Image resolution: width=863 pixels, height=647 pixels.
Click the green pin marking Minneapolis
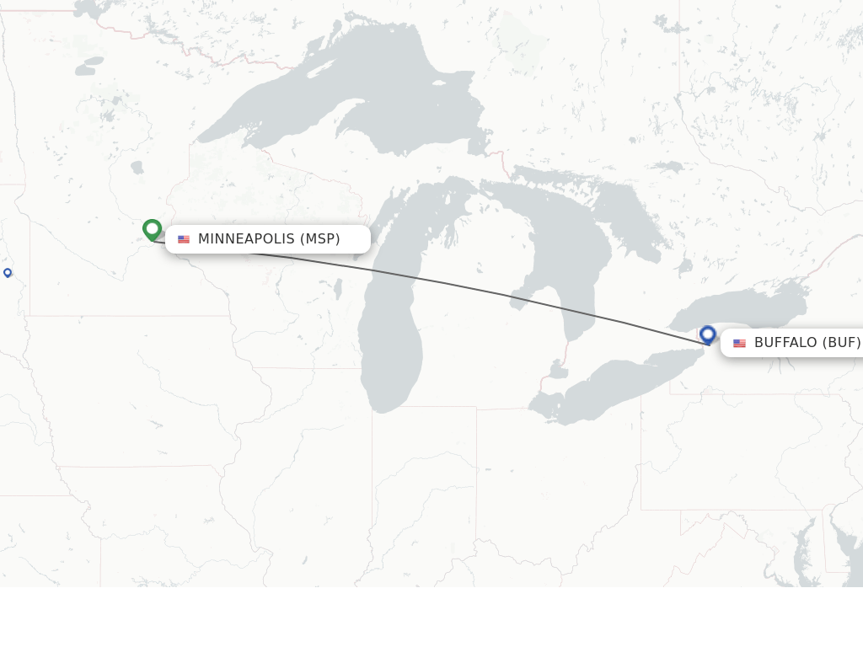pos(152,229)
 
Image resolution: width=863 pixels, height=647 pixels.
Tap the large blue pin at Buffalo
pos(708,334)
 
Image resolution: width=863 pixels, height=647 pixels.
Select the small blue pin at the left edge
pos(8,272)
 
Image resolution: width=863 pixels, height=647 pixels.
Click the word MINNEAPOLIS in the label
pos(246,239)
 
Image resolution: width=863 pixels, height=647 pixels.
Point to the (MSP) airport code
pos(320,239)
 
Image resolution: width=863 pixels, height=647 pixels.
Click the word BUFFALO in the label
pos(785,343)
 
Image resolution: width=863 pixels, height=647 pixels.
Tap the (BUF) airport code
pos(842,343)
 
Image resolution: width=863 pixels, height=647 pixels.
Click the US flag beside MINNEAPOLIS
pos(184,239)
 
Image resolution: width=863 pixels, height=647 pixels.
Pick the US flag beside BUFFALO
pos(739,343)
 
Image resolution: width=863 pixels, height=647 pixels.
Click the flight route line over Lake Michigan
pos(396,273)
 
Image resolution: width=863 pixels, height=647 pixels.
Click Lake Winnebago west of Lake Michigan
pos(338,289)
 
